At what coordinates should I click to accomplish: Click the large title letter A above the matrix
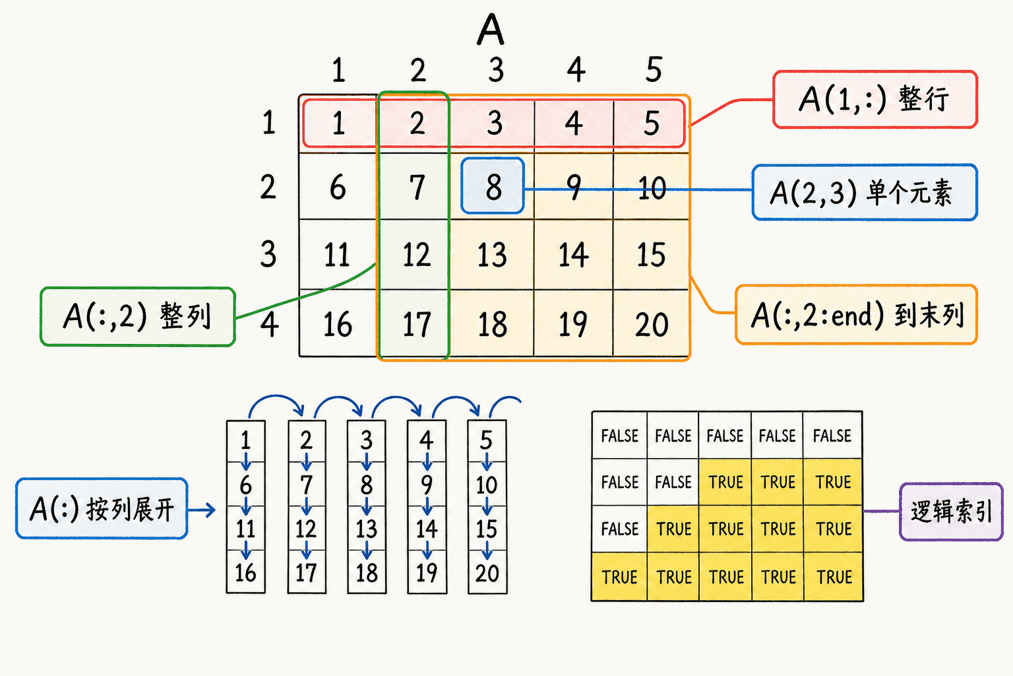[x=490, y=29]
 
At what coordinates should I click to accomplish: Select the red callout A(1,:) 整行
[x=875, y=99]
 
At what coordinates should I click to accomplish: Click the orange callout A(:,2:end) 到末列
[x=856, y=315]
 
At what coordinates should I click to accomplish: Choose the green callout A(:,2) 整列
[x=138, y=316]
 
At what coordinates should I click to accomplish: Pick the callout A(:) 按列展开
[x=102, y=508]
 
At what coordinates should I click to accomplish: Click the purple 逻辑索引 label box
[x=951, y=512]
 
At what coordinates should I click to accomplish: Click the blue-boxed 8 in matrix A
[x=493, y=186]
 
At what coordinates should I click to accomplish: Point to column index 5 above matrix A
[x=654, y=70]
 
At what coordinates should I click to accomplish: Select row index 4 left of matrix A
[x=270, y=324]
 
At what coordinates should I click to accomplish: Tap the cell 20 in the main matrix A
[x=651, y=324]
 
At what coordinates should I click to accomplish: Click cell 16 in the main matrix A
[x=338, y=324]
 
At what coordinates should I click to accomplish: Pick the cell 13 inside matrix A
[x=492, y=254]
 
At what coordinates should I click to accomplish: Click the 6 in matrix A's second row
[x=338, y=187]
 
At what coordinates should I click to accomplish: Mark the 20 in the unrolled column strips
[x=487, y=573]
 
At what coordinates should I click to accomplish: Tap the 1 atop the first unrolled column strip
[x=245, y=440]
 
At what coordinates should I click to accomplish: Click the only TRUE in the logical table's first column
[x=619, y=577]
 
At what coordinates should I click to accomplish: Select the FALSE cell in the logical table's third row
[x=619, y=528]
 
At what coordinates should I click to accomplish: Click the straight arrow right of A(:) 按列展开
[x=202, y=510]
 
